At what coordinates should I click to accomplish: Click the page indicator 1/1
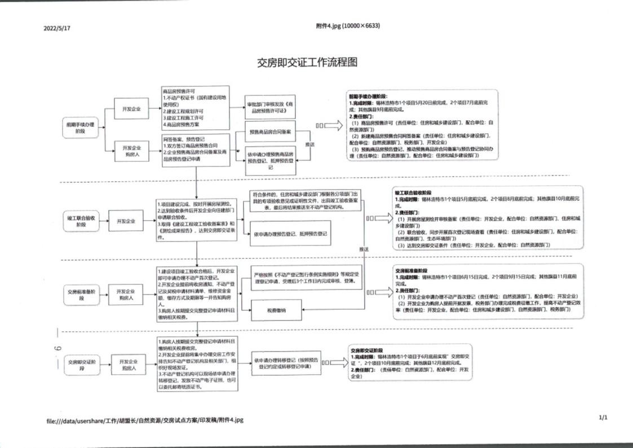pos(603,418)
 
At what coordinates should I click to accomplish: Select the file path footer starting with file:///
pos(145,420)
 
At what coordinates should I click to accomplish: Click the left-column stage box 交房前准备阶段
pos(79,295)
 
